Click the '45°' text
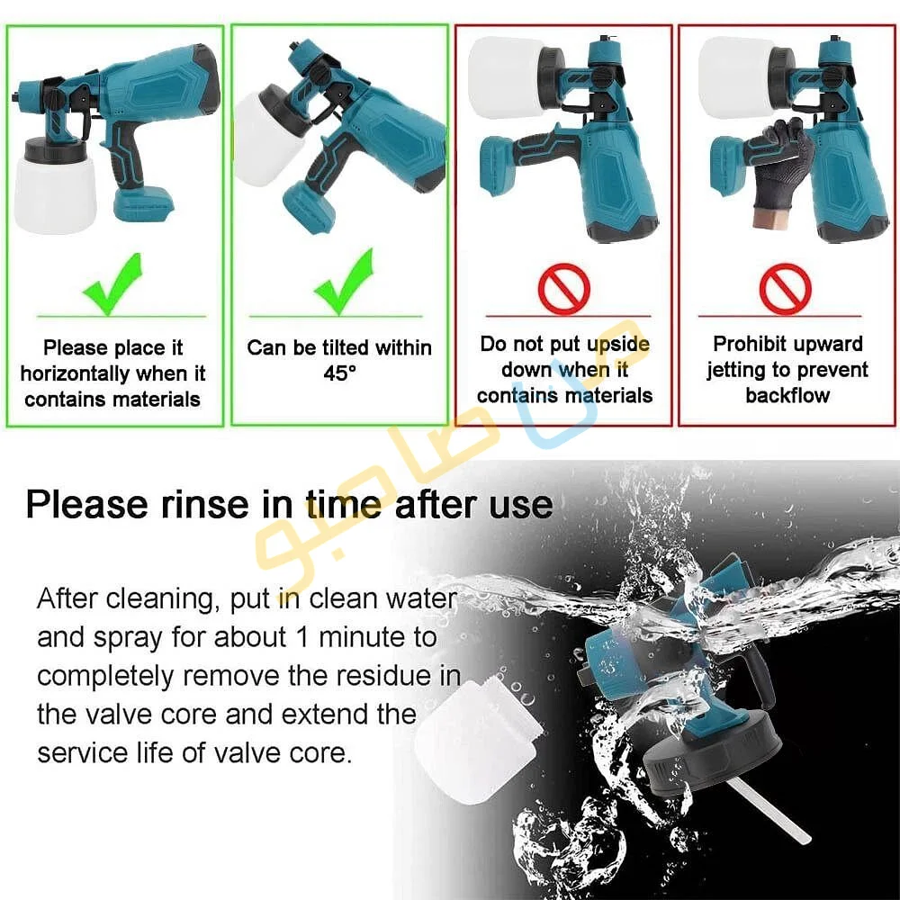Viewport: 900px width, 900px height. (340, 373)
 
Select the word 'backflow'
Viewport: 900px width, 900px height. (787, 395)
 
